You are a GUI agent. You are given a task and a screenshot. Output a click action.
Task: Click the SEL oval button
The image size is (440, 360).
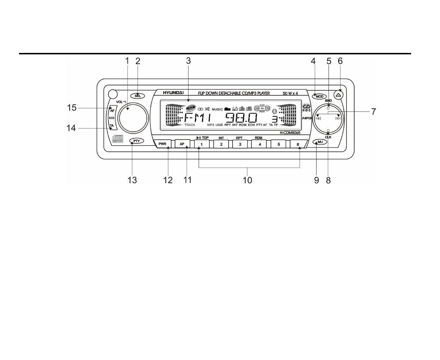(x=137, y=96)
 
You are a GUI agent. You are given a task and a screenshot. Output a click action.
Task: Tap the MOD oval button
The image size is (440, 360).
(x=319, y=96)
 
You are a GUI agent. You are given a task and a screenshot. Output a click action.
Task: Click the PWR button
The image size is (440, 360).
(x=162, y=144)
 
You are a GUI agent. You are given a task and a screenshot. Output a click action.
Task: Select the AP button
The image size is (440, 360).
(x=182, y=144)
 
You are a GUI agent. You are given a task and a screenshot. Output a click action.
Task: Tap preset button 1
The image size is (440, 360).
(x=202, y=144)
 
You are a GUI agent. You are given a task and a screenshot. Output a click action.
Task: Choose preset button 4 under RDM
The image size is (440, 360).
(x=259, y=144)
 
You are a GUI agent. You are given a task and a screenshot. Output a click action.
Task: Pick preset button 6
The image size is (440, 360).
(x=297, y=144)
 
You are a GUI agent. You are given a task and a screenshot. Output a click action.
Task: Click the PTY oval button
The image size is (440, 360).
(x=137, y=141)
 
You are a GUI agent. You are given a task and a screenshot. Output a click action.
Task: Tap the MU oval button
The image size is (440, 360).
(x=320, y=142)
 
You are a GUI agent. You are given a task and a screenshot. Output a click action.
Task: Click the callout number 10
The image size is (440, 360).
(x=247, y=180)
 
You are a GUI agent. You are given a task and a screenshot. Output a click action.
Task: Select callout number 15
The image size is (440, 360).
(x=72, y=108)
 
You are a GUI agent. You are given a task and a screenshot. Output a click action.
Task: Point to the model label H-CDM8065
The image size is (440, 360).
(x=290, y=133)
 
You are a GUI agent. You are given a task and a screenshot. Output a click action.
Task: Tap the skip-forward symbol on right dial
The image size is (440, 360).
(x=338, y=118)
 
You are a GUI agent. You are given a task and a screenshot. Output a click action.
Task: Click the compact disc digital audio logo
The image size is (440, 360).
(x=117, y=139)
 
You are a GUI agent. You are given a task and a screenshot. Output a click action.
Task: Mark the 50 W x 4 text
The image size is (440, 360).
(x=290, y=94)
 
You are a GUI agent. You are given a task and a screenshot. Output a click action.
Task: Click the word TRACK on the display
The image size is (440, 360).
(x=189, y=125)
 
